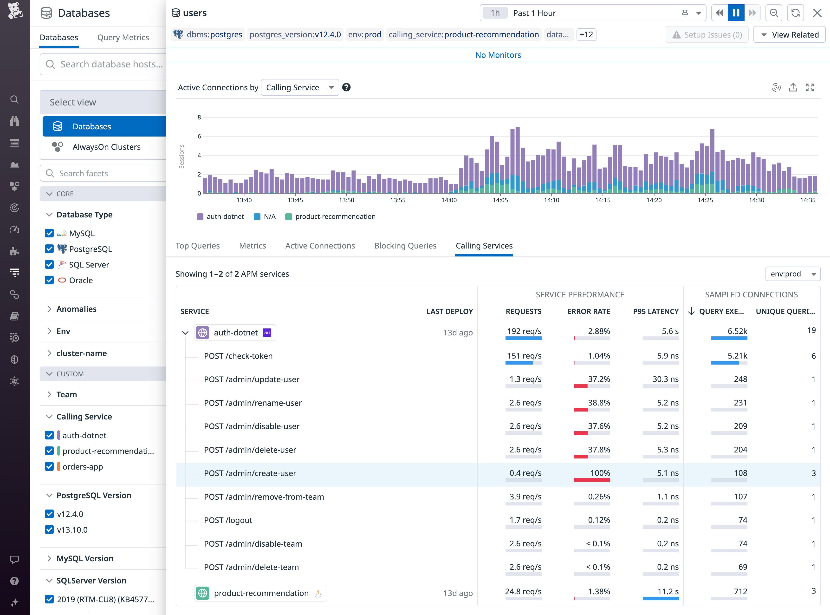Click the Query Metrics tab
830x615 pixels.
tap(123, 37)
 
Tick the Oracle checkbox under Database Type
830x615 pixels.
tap(49, 280)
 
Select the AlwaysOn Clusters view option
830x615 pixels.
tap(106, 147)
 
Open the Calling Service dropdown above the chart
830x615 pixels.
tap(300, 87)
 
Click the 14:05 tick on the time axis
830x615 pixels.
tap(500, 200)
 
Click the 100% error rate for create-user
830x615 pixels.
tap(600, 473)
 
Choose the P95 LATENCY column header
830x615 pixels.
tap(655, 311)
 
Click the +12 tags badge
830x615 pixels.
tap(586, 35)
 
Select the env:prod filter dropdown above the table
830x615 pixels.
tap(793, 274)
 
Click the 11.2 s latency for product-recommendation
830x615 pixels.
tap(668, 592)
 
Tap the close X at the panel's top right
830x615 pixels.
tap(817, 13)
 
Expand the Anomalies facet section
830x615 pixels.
tap(76, 309)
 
